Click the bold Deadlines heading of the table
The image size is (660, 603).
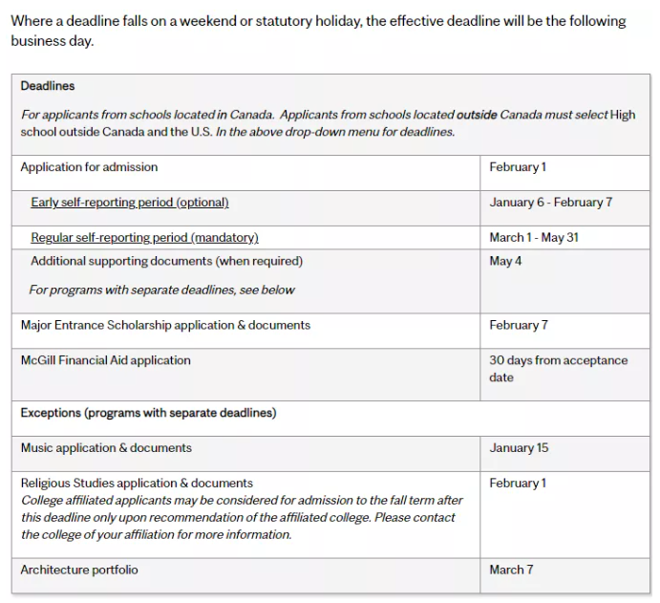coord(48,86)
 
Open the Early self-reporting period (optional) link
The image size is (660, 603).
coord(129,203)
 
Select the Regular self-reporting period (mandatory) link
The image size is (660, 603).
coord(144,237)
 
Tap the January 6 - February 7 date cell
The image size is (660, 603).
coord(550,203)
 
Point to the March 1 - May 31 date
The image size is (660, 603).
coord(533,237)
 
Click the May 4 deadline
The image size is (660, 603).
coord(505,261)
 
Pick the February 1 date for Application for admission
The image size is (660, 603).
coord(518,167)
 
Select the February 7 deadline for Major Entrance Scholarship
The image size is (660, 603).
coord(519,325)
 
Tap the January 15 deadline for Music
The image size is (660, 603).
coord(519,448)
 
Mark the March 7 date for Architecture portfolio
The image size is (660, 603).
coord(511,570)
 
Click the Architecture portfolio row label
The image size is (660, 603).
coord(79,570)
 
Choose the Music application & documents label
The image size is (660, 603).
coord(106,448)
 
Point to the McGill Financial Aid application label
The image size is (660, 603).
coord(105,360)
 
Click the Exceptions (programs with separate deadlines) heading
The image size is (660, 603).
coord(148,413)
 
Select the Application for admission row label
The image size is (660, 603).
coord(89,167)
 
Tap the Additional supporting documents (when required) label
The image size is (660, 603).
coord(166,261)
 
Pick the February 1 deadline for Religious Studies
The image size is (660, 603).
coord(518,484)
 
